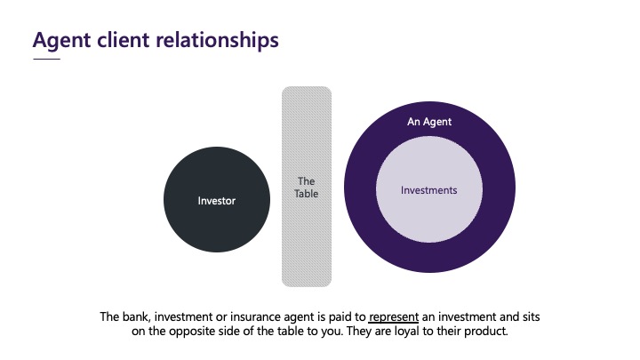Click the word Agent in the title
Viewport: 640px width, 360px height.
point(61,41)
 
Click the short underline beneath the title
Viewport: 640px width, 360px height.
point(46,60)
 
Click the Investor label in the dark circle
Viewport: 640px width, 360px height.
point(216,201)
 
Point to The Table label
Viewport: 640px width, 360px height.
point(306,188)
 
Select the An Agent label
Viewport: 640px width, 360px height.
point(429,122)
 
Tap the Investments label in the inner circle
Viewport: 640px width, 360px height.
point(429,190)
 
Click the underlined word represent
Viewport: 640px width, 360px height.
point(394,317)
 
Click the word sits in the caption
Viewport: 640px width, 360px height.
point(532,316)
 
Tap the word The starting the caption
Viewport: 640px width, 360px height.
point(109,316)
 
